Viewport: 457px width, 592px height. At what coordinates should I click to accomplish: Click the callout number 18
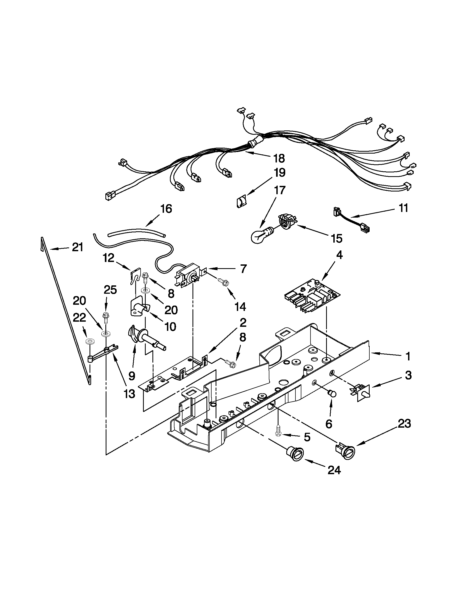point(279,159)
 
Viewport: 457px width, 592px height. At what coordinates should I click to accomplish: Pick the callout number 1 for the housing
point(408,356)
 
